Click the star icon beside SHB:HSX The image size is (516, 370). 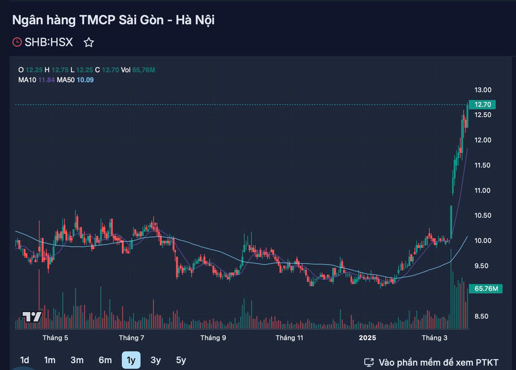[89, 42]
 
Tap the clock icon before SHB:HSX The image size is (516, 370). [17, 42]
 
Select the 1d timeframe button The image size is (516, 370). [25, 360]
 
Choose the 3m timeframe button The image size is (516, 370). [77, 360]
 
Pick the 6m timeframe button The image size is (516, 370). [105, 360]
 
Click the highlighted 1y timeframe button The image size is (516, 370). [131, 360]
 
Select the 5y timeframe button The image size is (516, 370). [181, 360]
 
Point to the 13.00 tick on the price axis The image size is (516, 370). [483, 90]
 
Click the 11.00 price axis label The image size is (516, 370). [483, 190]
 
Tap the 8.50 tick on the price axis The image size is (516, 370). [483, 316]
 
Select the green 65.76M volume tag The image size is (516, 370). [485, 289]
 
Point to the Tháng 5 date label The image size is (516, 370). [56, 338]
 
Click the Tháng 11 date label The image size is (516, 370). [289, 338]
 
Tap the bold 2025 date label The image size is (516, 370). [368, 338]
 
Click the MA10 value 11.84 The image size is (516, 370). [46, 80]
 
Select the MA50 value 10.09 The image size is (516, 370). [85, 80]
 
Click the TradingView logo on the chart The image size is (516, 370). [32, 317]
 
